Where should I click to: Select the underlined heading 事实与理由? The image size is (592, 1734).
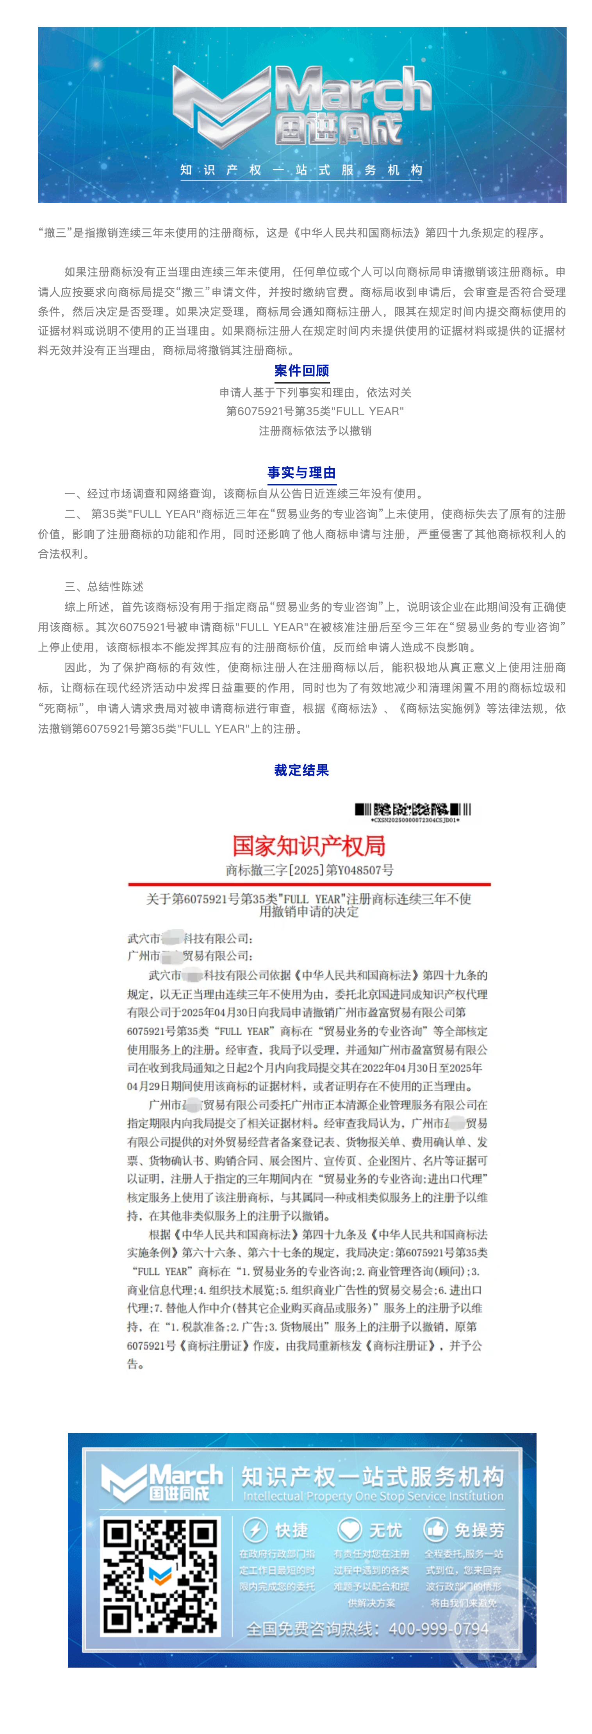click(x=301, y=473)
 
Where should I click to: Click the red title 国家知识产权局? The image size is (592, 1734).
click(x=309, y=846)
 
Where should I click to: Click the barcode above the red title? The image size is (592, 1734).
click(x=412, y=808)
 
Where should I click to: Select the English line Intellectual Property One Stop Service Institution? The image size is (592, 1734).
click(x=373, y=1496)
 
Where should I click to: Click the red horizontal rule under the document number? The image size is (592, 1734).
click(x=309, y=884)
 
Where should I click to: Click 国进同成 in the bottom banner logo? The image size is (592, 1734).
click(x=179, y=1493)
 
